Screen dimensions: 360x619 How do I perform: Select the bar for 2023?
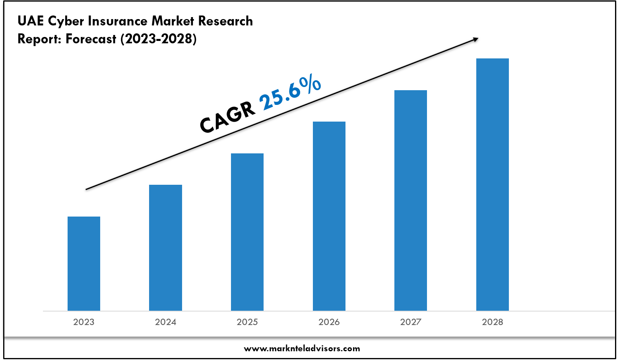(x=84, y=263)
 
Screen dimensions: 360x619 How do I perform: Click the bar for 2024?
(x=165, y=248)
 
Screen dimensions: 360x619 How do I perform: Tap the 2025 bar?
(x=247, y=232)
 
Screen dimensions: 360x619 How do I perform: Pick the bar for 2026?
(x=329, y=216)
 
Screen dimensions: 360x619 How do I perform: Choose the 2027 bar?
(x=411, y=200)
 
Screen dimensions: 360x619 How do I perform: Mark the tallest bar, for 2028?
(x=493, y=184)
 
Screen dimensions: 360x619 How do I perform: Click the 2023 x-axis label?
(x=84, y=322)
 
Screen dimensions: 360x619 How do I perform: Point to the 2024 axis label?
(x=165, y=322)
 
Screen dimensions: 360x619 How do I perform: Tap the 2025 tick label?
(x=247, y=322)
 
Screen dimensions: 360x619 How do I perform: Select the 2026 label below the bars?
(x=329, y=322)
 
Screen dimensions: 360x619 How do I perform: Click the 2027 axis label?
(x=411, y=322)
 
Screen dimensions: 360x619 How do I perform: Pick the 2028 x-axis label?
(x=493, y=322)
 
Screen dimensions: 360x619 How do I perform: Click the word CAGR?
(x=227, y=117)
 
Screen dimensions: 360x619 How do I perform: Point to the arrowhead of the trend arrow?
(x=475, y=39)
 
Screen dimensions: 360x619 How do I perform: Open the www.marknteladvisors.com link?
(x=302, y=349)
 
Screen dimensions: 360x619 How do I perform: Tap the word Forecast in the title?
(x=91, y=39)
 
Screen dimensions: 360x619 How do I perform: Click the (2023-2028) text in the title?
(x=159, y=39)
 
